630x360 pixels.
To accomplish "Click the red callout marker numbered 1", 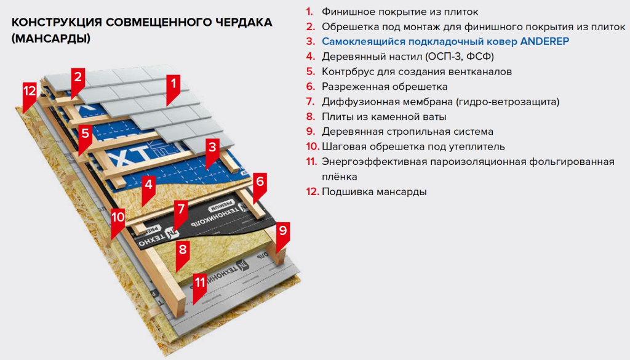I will pos(173,83).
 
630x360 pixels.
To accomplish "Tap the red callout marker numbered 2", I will pos(78,78).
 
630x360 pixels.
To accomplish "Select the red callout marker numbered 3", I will pos(212,148).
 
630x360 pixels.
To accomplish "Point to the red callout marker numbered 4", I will pos(148,183).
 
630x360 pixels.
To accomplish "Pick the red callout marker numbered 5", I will pos(86,134).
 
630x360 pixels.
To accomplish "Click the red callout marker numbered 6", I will pos(260,182).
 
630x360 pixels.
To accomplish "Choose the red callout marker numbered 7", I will pos(181,209).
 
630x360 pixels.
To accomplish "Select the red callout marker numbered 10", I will pos(118,218).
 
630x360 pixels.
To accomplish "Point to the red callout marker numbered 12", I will pos(30,91).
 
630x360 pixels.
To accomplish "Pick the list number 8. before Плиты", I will pos(310,116).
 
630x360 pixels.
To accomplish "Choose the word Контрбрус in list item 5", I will pos(346,71).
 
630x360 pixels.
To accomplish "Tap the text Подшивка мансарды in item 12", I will pos(374,191).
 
